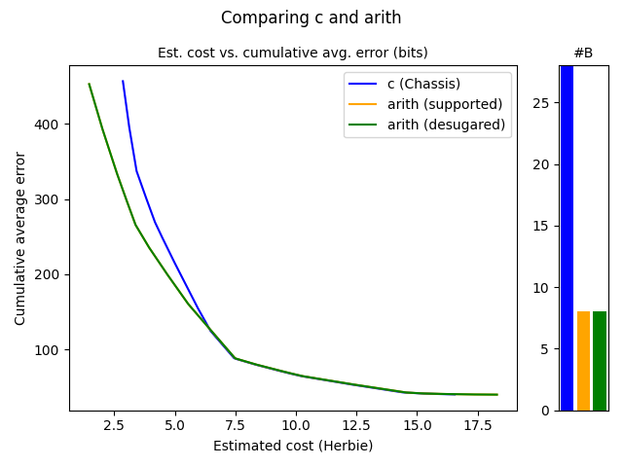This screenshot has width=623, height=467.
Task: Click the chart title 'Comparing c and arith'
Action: (x=311, y=18)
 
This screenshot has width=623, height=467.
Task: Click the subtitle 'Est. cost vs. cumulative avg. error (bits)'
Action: (x=292, y=53)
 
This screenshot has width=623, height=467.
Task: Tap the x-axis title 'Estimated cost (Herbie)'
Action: (x=293, y=446)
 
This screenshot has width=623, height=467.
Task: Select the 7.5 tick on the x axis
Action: (x=235, y=425)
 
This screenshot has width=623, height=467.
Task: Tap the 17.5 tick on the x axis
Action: (x=477, y=425)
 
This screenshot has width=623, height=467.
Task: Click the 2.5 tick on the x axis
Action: (x=114, y=425)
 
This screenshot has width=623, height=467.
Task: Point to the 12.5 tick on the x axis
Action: (x=356, y=425)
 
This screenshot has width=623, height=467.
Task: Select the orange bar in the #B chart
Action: (x=583, y=361)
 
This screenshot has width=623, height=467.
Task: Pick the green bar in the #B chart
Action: (x=600, y=361)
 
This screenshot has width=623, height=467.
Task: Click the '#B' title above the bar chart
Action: (x=583, y=53)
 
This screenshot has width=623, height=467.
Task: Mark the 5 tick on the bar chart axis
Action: (x=545, y=349)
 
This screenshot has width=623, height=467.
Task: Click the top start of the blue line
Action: (x=123, y=82)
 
